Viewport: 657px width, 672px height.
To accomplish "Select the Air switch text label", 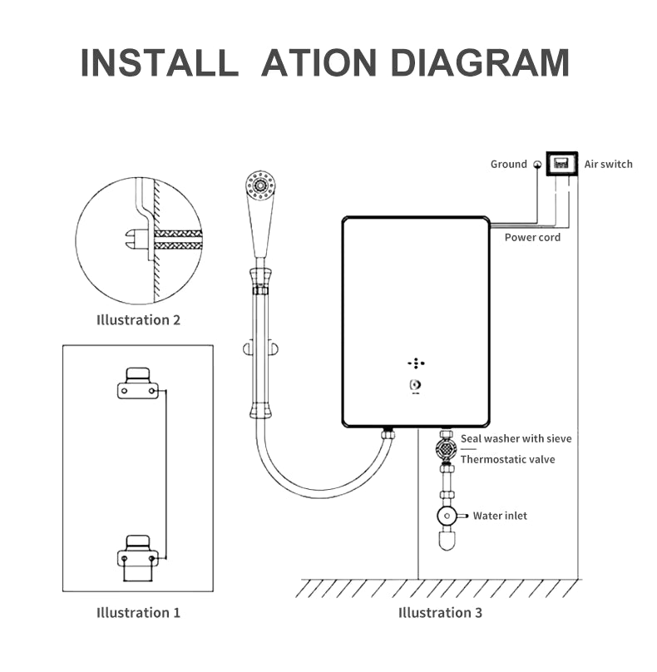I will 608,164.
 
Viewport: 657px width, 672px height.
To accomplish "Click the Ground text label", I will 508,164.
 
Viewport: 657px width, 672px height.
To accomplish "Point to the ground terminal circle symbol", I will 537,165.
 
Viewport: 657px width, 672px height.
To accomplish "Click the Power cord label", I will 532,237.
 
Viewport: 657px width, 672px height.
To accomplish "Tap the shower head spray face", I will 260,184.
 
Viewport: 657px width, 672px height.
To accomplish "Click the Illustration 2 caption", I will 138,319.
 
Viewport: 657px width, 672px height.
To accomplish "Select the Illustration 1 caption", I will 138,612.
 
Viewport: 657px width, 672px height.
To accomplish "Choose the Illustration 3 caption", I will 440,612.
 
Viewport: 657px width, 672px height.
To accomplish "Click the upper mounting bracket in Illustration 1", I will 138,383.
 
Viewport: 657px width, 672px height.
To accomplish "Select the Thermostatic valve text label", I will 507,459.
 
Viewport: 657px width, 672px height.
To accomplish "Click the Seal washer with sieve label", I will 516,438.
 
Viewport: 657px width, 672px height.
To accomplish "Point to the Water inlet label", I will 500,516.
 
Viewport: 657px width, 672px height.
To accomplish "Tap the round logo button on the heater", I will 414,385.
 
